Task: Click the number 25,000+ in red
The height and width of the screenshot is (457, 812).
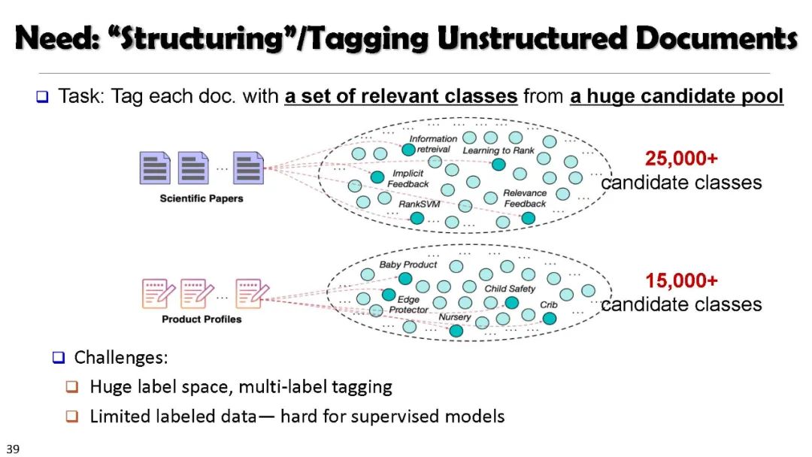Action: pyautogui.click(x=681, y=159)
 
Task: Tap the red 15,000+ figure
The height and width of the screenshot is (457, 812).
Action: pyautogui.click(x=681, y=280)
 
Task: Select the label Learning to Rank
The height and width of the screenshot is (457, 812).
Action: pyautogui.click(x=498, y=150)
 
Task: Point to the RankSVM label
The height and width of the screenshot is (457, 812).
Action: pyautogui.click(x=419, y=203)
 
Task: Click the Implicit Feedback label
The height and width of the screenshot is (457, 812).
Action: pyautogui.click(x=408, y=179)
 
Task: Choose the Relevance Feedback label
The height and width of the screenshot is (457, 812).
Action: pyautogui.click(x=525, y=198)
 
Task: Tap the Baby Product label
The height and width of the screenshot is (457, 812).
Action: pyautogui.click(x=408, y=265)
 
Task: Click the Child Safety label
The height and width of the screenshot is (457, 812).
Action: pyautogui.click(x=510, y=289)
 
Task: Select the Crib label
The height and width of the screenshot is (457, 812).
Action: pyautogui.click(x=549, y=305)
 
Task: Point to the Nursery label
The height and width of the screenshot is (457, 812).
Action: pyautogui.click(x=455, y=317)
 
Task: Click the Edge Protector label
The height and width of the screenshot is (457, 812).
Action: pyautogui.click(x=408, y=304)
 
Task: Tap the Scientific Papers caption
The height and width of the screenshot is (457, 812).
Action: pyautogui.click(x=201, y=198)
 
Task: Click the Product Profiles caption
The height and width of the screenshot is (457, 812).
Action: pyautogui.click(x=201, y=319)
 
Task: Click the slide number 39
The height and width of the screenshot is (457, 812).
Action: pyautogui.click(x=13, y=449)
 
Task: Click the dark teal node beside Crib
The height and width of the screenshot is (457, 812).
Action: pyautogui.click(x=550, y=319)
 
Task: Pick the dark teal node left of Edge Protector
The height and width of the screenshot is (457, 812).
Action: pyautogui.click(x=389, y=295)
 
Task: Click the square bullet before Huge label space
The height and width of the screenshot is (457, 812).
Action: pyautogui.click(x=72, y=387)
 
